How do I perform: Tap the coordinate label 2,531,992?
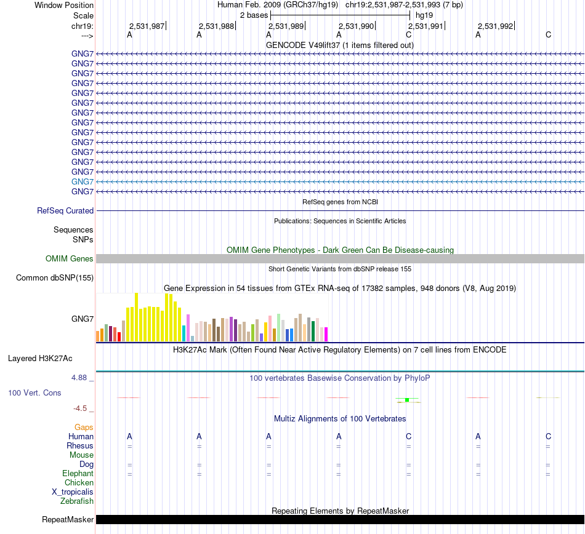click(495, 26)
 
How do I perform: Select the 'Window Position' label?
click(64, 5)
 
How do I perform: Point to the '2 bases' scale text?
click(254, 15)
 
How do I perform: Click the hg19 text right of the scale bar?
click(424, 15)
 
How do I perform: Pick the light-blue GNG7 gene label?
click(83, 181)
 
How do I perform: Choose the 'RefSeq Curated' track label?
click(65, 210)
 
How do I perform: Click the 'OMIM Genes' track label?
click(70, 259)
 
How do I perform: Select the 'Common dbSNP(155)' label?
click(55, 278)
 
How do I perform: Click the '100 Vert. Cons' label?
click(34, 393)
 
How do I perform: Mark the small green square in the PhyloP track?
click(407, 400)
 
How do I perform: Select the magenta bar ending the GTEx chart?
click(326, 334)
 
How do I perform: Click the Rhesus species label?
click(80, 445)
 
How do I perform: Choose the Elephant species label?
click(78, 474)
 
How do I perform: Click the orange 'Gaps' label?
click(84, 427)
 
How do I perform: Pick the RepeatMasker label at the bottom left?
click(68, 520)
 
